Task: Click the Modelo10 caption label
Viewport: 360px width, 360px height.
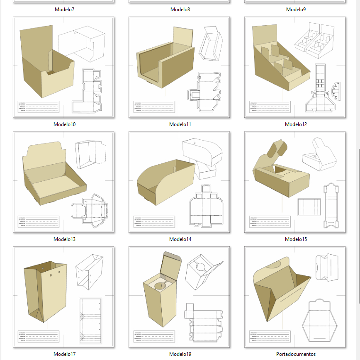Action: (x=64, y=124)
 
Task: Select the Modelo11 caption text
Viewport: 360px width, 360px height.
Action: (x=180, y=124)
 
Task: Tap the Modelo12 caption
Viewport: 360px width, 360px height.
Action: (x=296, y=124)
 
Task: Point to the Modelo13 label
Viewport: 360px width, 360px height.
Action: (x=64, y=239)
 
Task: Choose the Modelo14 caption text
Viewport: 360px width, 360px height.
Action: (x=180, y=239)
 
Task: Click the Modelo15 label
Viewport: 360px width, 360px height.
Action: (x=296, y=239)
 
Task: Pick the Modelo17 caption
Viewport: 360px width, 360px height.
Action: (x=64, y=354)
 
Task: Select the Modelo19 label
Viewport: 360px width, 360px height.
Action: (x=180, y=354)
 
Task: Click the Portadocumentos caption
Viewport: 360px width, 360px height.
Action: (x=296, y=354)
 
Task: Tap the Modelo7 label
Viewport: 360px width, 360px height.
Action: (x=64, y=9)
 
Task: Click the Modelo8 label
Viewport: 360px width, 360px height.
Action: (x=180, y=9)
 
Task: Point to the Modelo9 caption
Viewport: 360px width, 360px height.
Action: (x=296, y=9)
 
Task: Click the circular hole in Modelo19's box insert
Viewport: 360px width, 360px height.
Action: (x=160, y=285)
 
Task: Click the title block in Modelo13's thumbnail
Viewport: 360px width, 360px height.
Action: (x=38, y=222)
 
